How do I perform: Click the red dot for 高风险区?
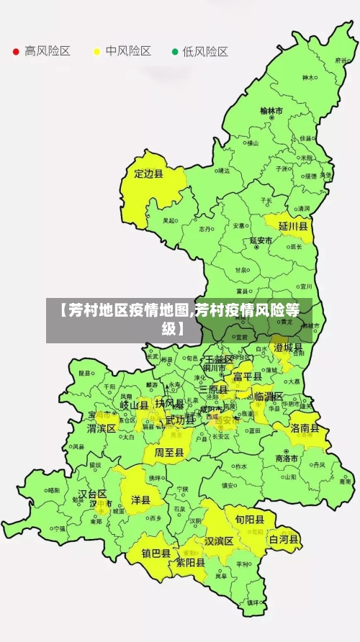(16, 52)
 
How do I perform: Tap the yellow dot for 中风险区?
(96, 52)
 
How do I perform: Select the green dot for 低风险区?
(174, 52)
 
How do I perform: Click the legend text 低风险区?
(205, 52)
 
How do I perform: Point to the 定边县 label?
(149, 173)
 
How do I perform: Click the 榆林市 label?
(271, 111)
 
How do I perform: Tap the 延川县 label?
(293, 226)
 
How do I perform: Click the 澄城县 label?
(288, 348)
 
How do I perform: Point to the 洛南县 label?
(305, 428)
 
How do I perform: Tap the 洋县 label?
(140, 499)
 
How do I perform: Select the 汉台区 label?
(92, 494)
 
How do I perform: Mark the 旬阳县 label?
(245, 519)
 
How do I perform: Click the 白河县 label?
(284, 538)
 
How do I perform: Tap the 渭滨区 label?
(102, 428)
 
